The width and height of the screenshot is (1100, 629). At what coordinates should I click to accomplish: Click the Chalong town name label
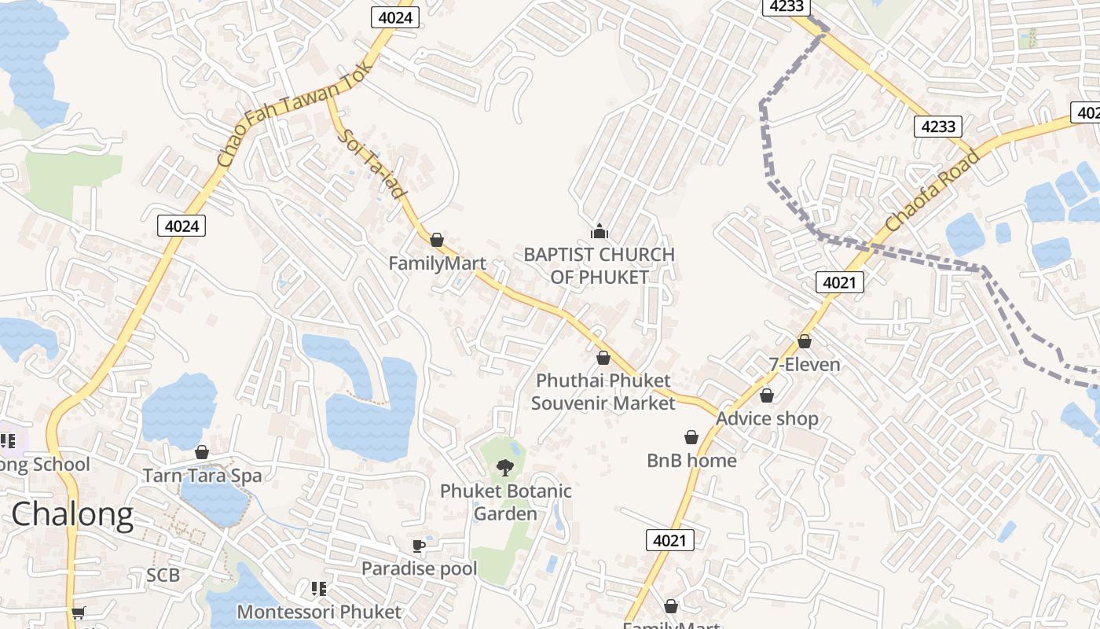(72, 514)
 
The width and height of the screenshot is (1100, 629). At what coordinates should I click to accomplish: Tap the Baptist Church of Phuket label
(599, 266)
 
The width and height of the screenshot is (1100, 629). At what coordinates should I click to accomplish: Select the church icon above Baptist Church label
(599, 231)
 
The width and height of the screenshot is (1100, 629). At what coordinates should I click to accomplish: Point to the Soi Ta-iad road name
(374, 163)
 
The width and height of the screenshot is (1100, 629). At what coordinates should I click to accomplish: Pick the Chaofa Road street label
(933, 191)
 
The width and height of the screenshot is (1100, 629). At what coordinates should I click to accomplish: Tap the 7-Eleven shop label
(804, 365)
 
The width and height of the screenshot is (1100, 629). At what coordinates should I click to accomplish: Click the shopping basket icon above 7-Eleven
(804, 341)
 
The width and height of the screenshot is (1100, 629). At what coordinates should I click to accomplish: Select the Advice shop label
(767, 419)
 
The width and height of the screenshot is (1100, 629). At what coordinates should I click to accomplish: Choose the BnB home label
(691, 461)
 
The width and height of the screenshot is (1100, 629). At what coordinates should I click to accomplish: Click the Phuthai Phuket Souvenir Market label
(603, 392)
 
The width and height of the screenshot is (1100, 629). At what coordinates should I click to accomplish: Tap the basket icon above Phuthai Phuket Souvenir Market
(603, 358)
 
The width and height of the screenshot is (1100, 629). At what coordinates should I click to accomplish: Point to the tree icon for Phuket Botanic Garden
(504, 468)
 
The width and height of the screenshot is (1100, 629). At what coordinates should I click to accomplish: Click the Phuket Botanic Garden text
(505, 502)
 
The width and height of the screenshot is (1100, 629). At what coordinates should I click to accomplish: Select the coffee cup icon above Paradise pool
(419, 546)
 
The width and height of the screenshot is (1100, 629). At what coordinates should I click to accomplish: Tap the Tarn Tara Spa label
(202, 476)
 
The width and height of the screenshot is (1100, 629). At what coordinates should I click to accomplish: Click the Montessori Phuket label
(319, 612)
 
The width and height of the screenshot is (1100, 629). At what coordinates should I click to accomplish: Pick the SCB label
(163, 576)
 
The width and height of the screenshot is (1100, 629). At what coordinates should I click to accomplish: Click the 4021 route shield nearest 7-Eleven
(839, 282)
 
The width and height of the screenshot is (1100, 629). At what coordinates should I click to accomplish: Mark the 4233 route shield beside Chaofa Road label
(938, 126)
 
